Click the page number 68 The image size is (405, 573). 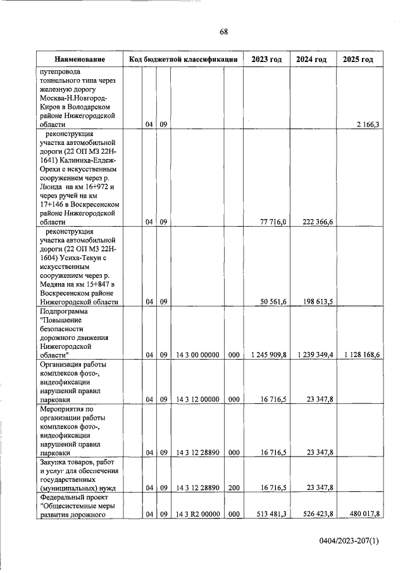pyautogui.click(x=223, y=32)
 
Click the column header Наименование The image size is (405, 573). pyautogui.click(x=79, y=60)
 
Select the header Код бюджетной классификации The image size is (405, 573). pyautogui.click(x=183, y=60)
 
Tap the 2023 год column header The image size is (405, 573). pyautogui.click(x=266, y=60)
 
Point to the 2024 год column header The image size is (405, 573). pyautogui.click(x=311, y=60)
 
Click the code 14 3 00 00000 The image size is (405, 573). pyautogui.click(x=197, y=355)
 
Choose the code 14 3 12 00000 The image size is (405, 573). pyautogui.click(x=197, y=400)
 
